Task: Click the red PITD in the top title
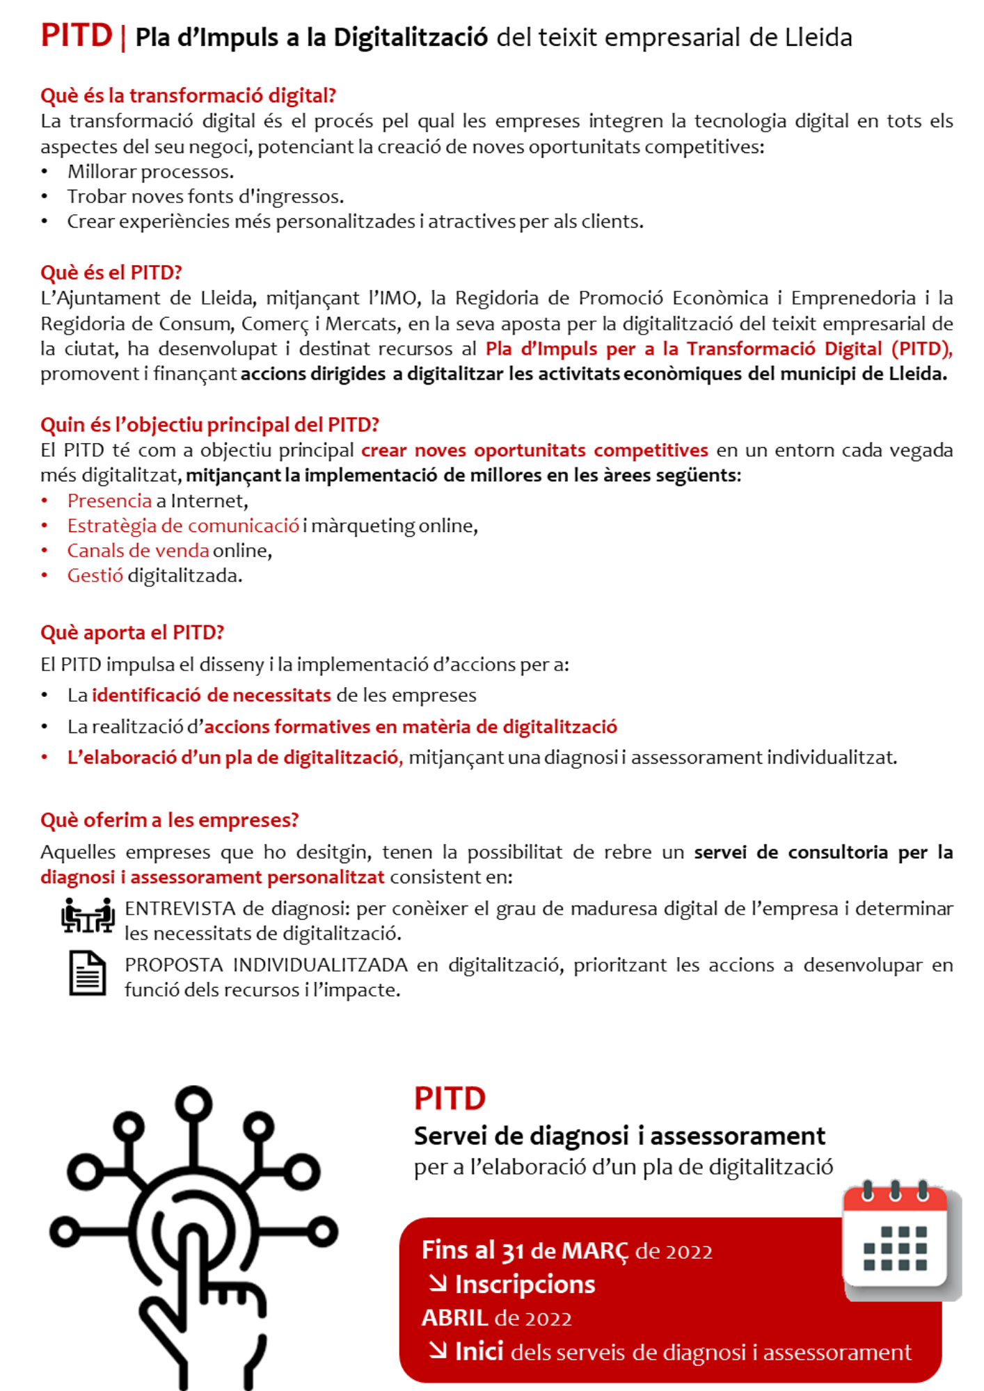77,35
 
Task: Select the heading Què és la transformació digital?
188,95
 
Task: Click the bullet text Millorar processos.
150,172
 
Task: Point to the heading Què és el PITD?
111,272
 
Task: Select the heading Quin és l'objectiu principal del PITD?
209,424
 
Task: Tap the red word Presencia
109,501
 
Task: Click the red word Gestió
95,576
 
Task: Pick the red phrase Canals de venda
138,551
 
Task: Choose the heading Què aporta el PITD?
132,632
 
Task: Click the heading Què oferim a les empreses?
169,820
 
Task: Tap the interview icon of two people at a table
88,915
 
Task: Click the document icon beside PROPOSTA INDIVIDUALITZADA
88,974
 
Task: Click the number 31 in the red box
512,1252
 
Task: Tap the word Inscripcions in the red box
525,1285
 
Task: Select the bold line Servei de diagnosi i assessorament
619,1136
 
